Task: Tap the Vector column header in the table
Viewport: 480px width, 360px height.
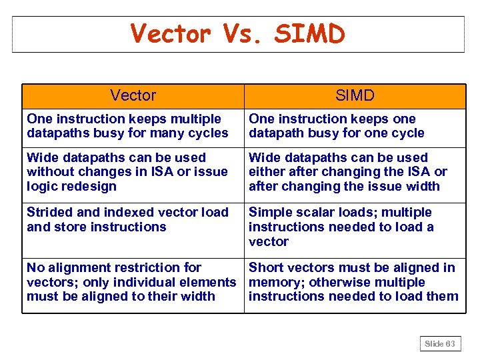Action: click(133, 95)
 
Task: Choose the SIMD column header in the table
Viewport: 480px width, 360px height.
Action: click(355, 95)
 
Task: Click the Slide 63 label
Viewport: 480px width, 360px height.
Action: click(440, 344)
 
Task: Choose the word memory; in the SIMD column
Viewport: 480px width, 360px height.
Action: click(271, 282)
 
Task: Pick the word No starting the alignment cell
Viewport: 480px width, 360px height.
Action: click(35, 268)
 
